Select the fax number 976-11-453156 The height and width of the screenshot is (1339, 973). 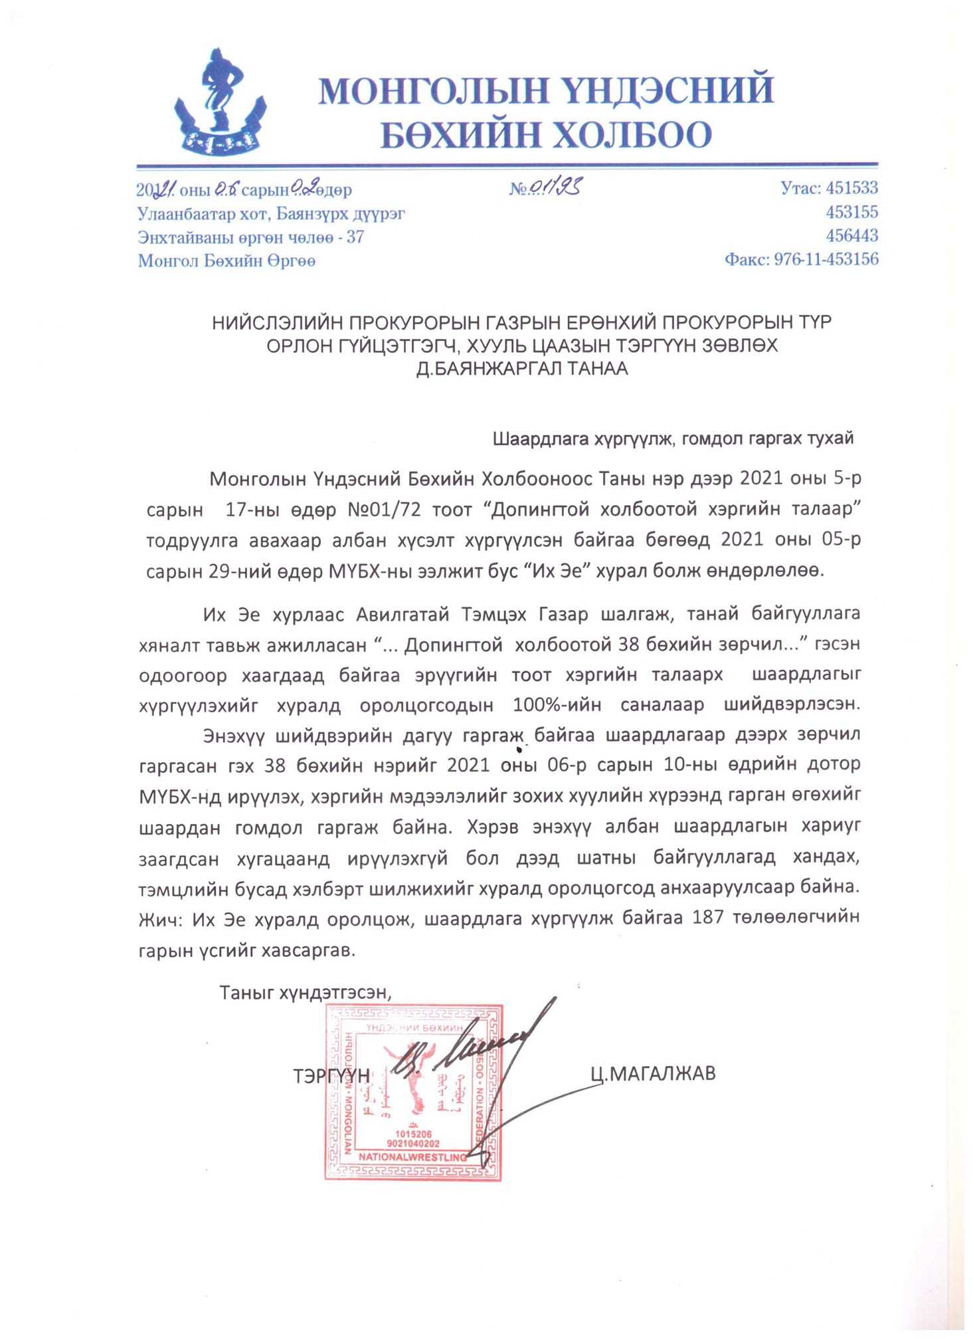(x=826, y=260)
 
